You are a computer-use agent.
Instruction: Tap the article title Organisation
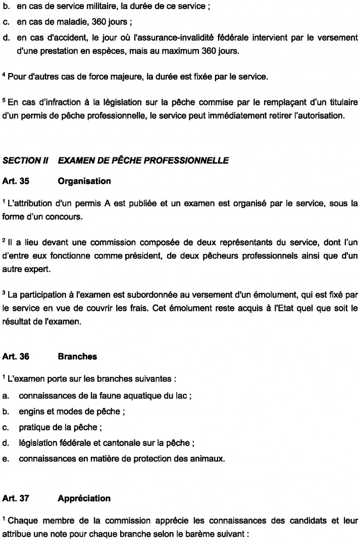tap(84, 180)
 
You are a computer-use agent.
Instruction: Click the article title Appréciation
tap(84, 498)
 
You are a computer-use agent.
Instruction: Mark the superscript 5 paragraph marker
tap(4, 101)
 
